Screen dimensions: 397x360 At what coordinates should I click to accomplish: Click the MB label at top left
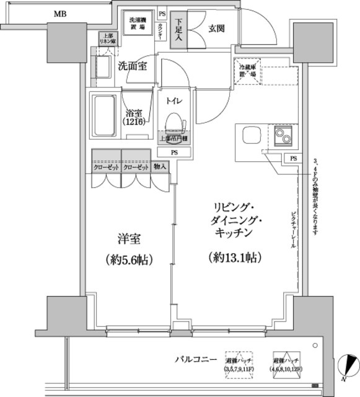[x=61, y=13]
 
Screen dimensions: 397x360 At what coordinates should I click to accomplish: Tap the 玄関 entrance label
[x=216, y=27]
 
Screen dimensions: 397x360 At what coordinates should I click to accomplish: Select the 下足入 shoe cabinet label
[x=177, y=28]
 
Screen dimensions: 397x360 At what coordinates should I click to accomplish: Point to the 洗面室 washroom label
[x=132, y=67]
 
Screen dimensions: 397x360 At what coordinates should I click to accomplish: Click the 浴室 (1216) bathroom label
[x=135, y=118]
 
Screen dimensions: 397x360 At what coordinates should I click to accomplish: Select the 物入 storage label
[x=160, y=167]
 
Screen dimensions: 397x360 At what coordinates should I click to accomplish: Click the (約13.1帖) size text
[x=232, y=257]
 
